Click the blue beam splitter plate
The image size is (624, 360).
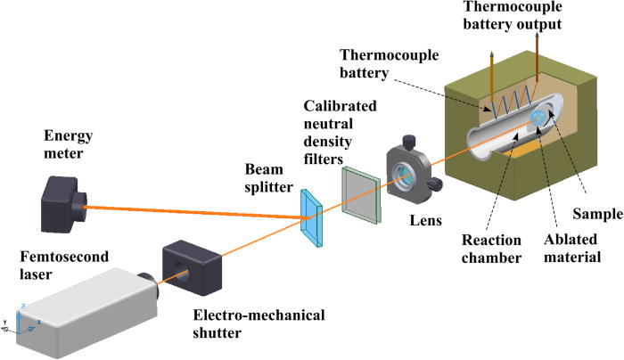(312, 215)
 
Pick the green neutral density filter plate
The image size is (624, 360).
(361, 196)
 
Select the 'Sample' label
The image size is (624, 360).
(591, 215)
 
